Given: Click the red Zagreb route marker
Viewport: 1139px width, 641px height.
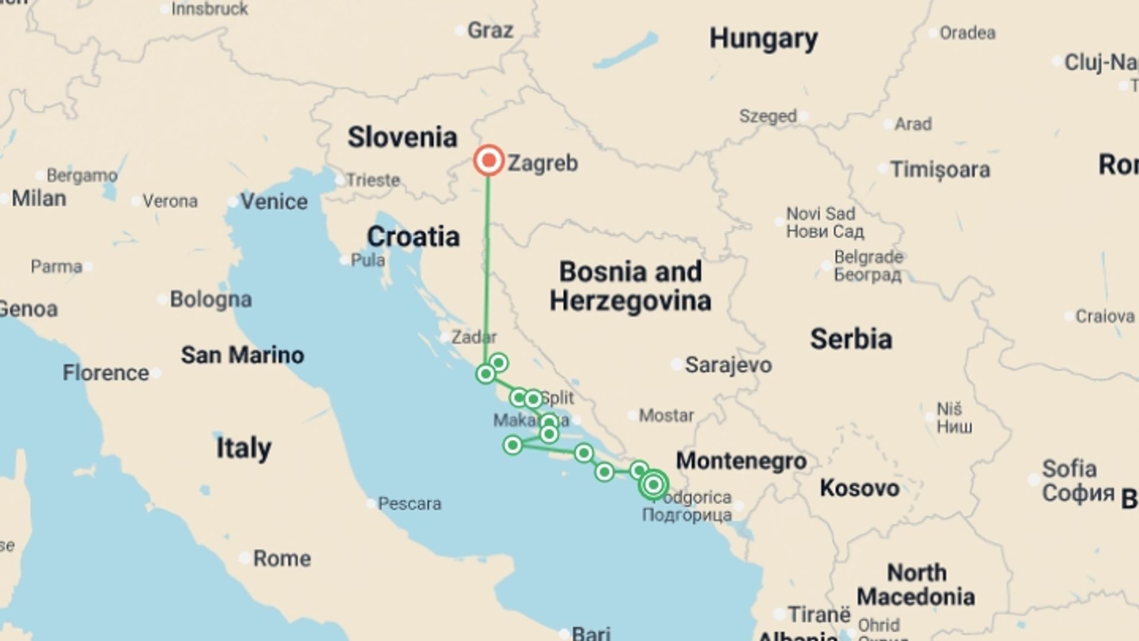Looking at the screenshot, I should (489, 160).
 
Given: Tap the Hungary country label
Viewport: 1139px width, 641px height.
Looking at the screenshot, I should (763, 39).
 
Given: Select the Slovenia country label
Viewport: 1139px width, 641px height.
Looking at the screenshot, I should (402, 138).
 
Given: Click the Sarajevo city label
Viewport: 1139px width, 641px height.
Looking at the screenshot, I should (728, 365).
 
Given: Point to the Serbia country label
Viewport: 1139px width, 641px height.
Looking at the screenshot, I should (851, 339).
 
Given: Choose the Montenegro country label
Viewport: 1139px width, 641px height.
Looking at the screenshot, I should (742, 461).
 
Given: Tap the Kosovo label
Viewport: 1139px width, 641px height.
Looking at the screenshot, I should (860, 488).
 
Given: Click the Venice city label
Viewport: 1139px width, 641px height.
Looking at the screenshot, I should (273, 202).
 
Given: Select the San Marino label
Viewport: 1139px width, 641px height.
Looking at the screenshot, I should (243, 355).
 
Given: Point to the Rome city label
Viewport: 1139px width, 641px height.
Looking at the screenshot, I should (282, 559).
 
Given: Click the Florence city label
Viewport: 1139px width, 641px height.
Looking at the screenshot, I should (106, 373).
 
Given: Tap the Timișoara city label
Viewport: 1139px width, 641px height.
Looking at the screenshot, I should (940, 170).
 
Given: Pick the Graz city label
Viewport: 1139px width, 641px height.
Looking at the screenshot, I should (490, 30).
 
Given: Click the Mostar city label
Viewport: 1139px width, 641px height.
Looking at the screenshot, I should (666, 415).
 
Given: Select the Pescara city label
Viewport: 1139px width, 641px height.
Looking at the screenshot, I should (409, 504).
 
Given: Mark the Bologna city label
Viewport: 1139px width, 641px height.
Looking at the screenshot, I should (211, 300).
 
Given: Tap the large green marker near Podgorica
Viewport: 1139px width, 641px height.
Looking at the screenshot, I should (654, 485).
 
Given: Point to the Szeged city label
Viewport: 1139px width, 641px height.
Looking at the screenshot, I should (768, 116).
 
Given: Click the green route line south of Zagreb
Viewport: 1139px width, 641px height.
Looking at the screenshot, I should (488, 261).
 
